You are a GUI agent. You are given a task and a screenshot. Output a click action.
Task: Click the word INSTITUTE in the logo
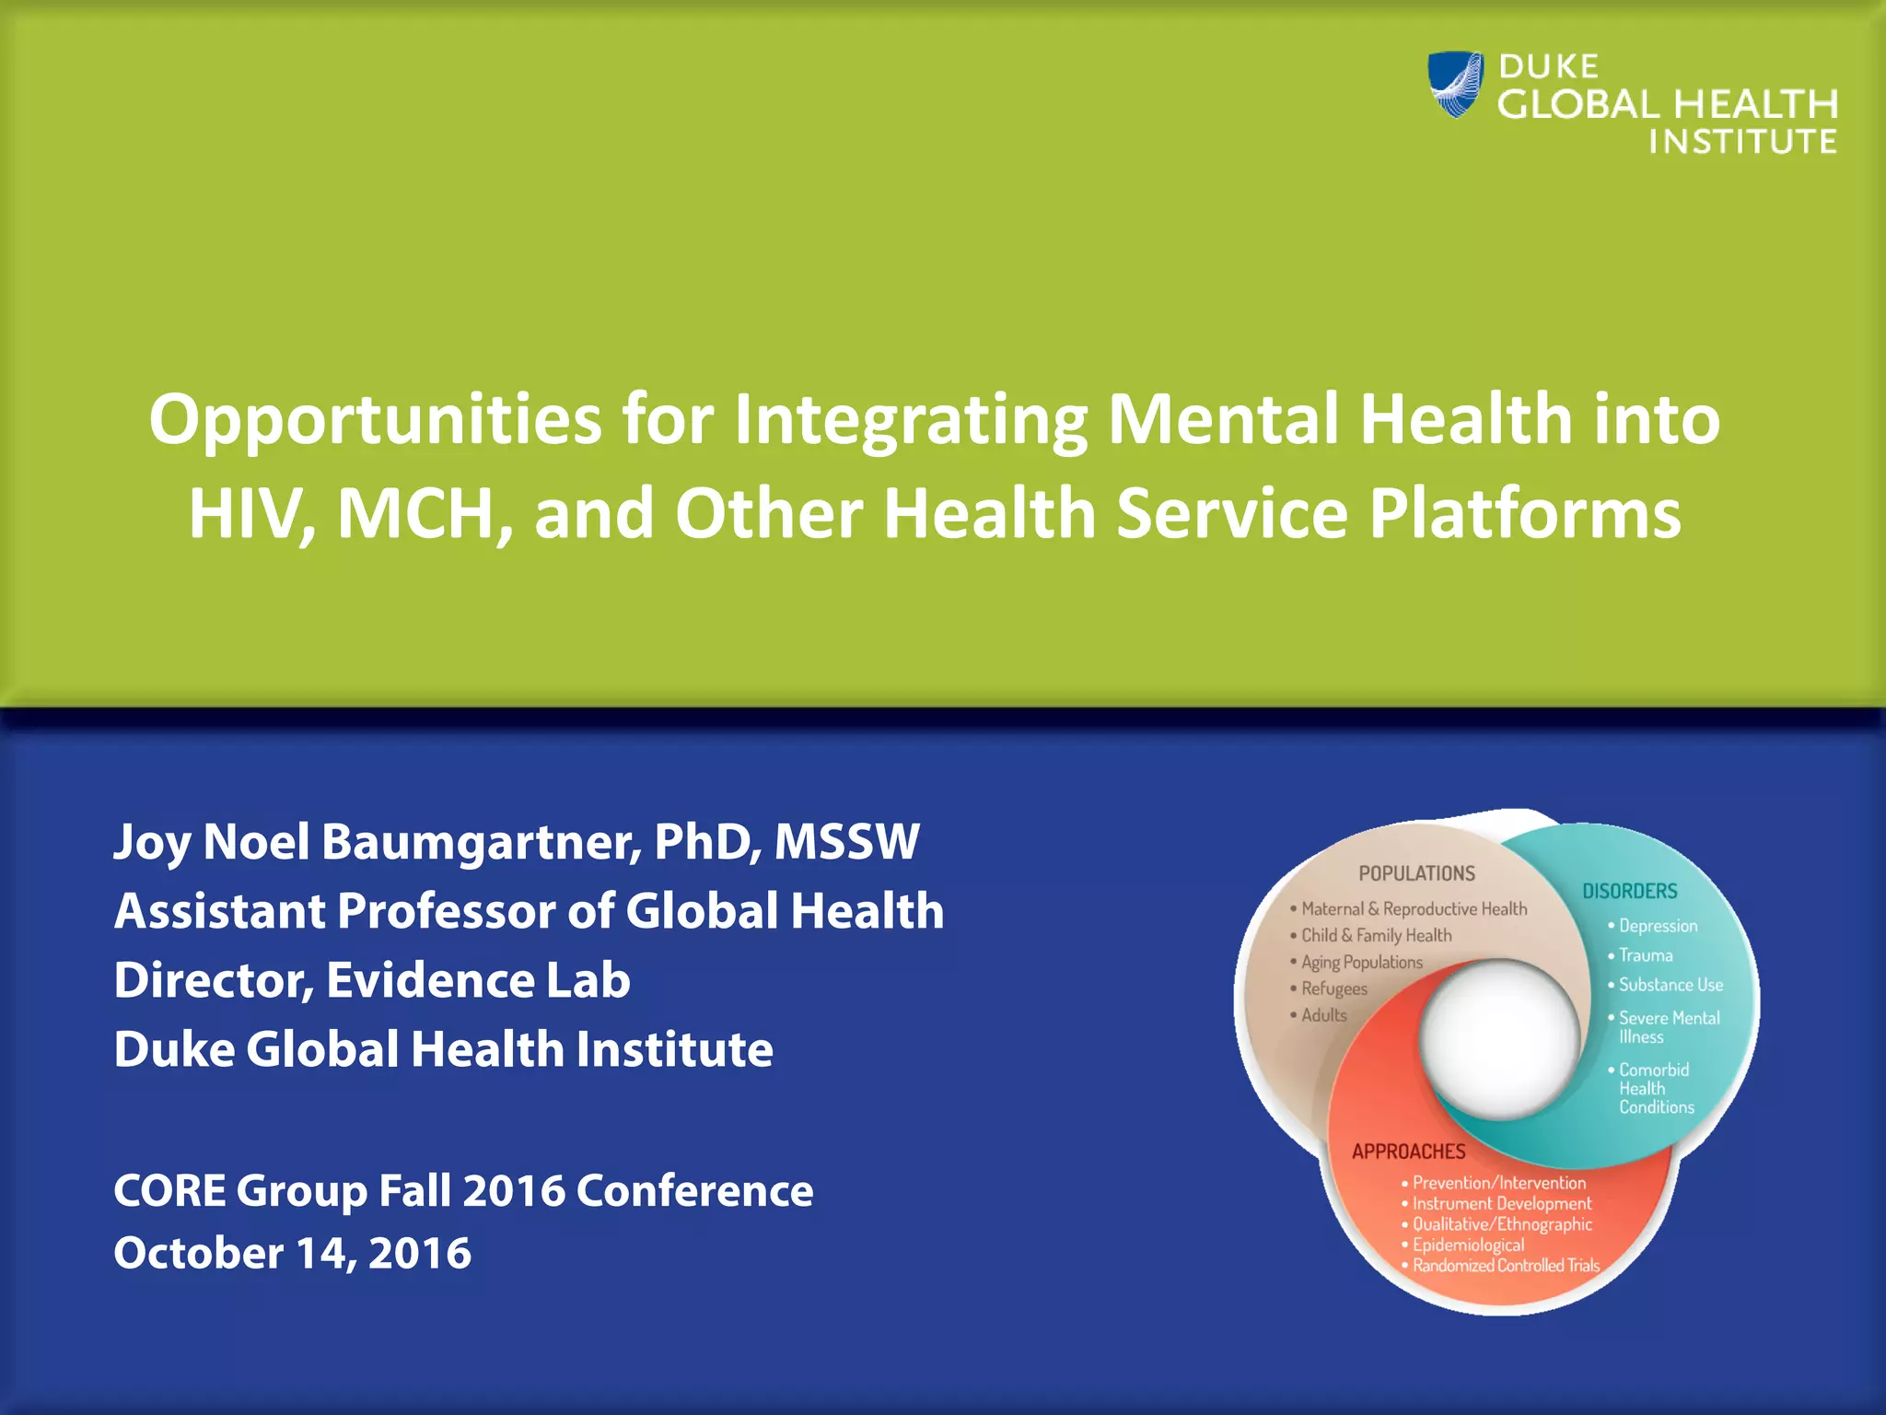click(x=1742, y=143)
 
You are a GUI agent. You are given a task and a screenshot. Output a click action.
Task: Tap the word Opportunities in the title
click(x=375, y=420)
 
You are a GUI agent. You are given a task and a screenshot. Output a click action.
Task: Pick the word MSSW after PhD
click(x=846, y=842)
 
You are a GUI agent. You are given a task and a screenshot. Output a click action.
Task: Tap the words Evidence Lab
click(x=478, y=980)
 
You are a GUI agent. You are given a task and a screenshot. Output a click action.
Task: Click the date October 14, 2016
click(x=292, y=1253)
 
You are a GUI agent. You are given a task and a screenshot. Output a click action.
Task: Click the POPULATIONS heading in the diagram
click(x=1416, y=873)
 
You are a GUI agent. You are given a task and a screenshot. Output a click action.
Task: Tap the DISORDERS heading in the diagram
click(x=1629, y=892)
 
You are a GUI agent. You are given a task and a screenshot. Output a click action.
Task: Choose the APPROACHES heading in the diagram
click(x=1408, y=1152)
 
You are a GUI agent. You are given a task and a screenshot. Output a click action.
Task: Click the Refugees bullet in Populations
click(x=1333, y=989)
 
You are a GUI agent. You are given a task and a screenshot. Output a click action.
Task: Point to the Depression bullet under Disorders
click(x=1658, y=926)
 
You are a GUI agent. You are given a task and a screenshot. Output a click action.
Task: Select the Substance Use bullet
click(x=1671, y=985)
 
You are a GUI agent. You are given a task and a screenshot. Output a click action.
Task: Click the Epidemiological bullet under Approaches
click(x=1468, y=1245)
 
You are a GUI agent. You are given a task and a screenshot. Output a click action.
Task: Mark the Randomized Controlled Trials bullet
click(x=1506, y=1266)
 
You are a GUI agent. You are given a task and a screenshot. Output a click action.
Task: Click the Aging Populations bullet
click(x=1361, y=963)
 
